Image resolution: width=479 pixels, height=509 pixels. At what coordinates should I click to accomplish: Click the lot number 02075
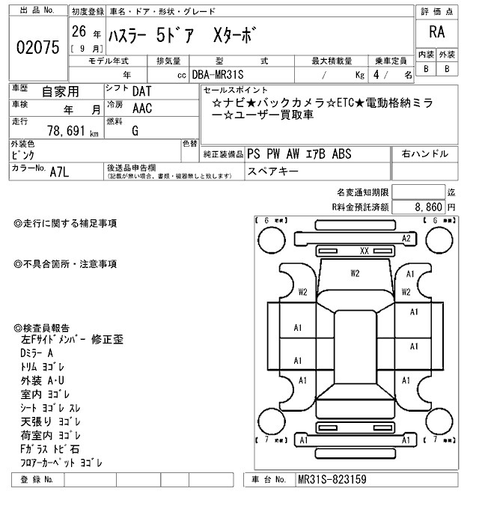[x=37, y=47]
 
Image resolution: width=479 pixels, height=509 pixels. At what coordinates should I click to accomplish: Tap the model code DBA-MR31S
[x=223, y=75]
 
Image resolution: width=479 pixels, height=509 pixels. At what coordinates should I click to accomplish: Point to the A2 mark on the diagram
[x=407, y=238]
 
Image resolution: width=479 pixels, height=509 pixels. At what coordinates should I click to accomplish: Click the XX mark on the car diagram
[x=364, y=251]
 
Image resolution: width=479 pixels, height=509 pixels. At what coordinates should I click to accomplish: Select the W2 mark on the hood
[x=356, y=273]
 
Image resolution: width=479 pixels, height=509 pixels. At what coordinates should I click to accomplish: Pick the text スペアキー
[x=275, y=171]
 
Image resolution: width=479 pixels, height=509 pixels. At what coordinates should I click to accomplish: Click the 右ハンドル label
[x=425, y=153]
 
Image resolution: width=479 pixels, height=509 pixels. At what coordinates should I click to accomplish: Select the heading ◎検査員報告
[x=41, y=328]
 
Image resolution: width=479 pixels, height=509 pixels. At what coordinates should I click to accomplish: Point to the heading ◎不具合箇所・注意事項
[x=65, y=264]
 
